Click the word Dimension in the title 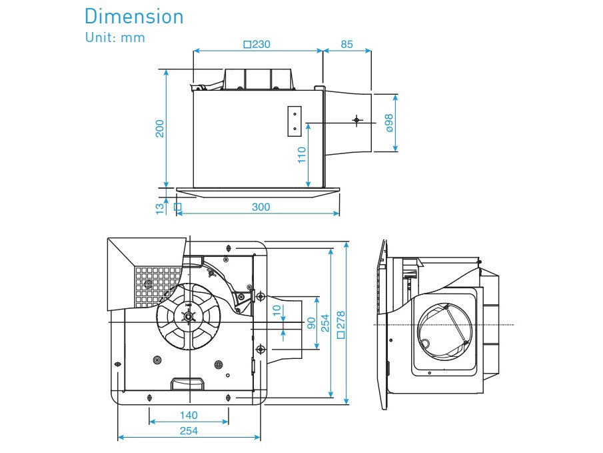[134, 16]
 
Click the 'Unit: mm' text [115, 37]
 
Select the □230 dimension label [257, 45]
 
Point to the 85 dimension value [346, 45]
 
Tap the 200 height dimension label [160, 129]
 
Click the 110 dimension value [302, 155]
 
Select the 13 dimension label [160, 207]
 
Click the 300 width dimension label [261, 207]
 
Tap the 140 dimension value [189, 415]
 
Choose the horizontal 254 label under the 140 [189, 431]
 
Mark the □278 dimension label [341, 324]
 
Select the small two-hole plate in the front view [295, 121]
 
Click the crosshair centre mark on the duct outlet [357, 120]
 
